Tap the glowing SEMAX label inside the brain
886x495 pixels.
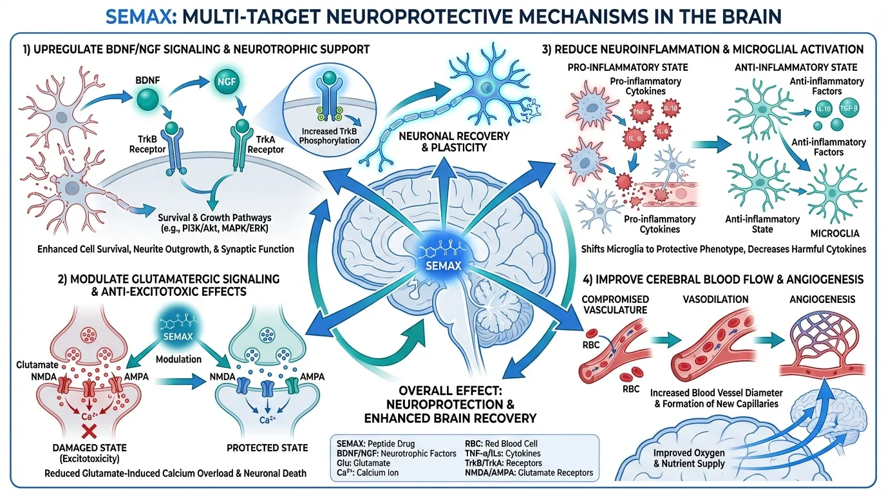coord(444,265)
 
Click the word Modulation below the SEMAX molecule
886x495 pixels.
coord(178,359)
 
